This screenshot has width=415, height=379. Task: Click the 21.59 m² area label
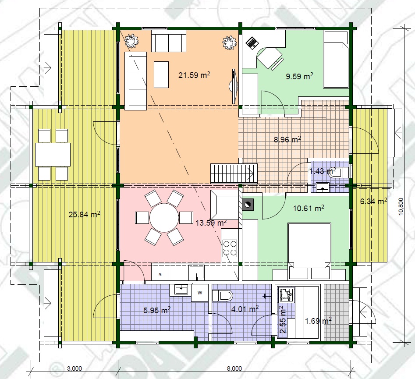pyautogui.click(x=194, y=75)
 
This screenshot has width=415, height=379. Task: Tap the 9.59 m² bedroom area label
pyautogui.click(x=299, y=76)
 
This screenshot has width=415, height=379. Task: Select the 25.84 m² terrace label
pyautogui.click(x=84, y=214)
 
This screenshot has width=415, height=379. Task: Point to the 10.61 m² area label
pyautogui.click(x=309, y=208)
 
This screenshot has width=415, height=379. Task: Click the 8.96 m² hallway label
pyautogui.click(x=287, y=139)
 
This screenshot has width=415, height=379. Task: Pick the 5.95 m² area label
pyautogui.click(x=157, y=310)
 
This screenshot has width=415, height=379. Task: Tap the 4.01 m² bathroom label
pyautogui.click(x=245, y=308)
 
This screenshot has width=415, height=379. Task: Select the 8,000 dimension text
pyautogui.click(x=234, y=368)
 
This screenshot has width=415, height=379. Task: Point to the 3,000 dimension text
pyautogui.click(x=74, y=368)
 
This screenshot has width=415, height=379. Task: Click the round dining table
pyautogui.click(x=164, y=217)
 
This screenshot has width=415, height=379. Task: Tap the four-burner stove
pyautogui.click(x=230, y=248)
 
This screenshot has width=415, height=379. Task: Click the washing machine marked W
pyautogui.click(x=200, y=292)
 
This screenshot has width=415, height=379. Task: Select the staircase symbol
pyautogui.click(x=234, y=174)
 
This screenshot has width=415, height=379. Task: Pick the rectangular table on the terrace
pyautogui.click(x=53, y=155)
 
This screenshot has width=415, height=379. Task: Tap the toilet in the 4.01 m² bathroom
pyautogui.click(x=222, y=296)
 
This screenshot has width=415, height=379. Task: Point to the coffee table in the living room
pyautogui.click(x=161, y=74)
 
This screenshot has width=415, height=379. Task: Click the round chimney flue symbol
pyautogui.click(x=247, y=204)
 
